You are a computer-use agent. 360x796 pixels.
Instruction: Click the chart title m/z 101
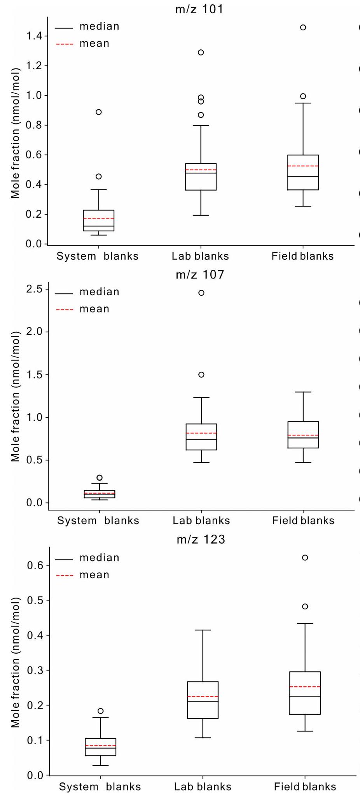tap(199, 9)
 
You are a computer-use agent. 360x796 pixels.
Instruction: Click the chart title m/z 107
tap(200, 275)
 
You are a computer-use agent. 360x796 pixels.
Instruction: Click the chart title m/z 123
tap(201, 539)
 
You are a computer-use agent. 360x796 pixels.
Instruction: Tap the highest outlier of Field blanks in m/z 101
tap(303, 27)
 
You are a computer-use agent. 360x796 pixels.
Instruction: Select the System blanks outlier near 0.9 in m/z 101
tap(99, 112)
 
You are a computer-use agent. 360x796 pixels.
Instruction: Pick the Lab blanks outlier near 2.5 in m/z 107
tap(201, 293)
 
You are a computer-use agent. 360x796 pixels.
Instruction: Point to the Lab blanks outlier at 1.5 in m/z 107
tap(201, 374)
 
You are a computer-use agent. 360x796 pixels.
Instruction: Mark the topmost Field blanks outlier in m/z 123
tap(305, 557)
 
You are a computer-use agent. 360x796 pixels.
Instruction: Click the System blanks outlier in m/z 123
tap(101, 710)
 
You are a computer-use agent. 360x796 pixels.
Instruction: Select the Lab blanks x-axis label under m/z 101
tap(201, 256)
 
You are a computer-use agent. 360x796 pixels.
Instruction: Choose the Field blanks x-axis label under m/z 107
tap(303, 521)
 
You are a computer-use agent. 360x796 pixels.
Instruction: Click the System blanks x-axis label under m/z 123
tap(100, 787)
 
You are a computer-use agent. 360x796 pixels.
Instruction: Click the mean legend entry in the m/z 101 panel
tap(94, 44)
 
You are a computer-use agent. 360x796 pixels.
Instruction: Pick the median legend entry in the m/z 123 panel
tap(99, 558)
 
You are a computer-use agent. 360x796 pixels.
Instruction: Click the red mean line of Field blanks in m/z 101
tap(303, 166)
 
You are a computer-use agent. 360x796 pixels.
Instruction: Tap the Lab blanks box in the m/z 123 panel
tap(203, 700)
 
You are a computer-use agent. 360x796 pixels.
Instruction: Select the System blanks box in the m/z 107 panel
tap(100, 494)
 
